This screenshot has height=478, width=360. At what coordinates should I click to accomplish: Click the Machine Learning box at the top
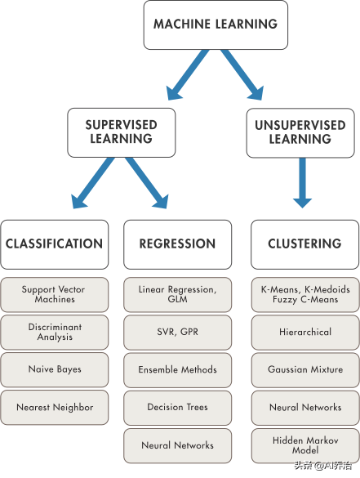click(216, 25)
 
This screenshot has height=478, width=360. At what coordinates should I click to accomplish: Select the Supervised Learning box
click(121, 132)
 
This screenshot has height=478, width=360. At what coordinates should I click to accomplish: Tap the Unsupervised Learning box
click(300, 133)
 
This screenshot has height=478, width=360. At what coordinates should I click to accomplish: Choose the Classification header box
click(55, 244)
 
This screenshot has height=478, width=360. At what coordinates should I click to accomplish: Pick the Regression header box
click(178, 244)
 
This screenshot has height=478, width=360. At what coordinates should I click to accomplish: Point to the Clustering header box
click(304, 244)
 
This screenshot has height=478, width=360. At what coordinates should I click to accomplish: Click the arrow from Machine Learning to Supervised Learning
click(187, 74)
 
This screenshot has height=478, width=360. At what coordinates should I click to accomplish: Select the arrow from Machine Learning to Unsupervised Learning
click(242, 74)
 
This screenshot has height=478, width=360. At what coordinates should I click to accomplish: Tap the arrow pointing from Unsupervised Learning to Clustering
click(302, 182)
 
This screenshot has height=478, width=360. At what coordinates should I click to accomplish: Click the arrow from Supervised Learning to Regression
click(147, 182)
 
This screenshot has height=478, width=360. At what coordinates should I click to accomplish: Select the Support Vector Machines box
click(55, 294)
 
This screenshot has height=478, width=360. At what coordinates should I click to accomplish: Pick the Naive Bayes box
click(55, 370)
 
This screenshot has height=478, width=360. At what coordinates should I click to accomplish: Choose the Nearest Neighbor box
click(55, 408)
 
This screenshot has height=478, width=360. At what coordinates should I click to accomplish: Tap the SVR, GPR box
click(178, 333)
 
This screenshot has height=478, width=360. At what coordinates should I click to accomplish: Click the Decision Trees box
click(178, 408)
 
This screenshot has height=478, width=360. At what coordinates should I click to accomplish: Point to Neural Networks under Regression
click(178, 445)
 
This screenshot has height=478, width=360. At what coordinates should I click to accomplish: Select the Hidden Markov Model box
click(305, 445)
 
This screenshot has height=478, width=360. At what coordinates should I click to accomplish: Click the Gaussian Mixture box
click(305, 370)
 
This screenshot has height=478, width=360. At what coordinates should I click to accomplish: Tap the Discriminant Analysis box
click(55, 333)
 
